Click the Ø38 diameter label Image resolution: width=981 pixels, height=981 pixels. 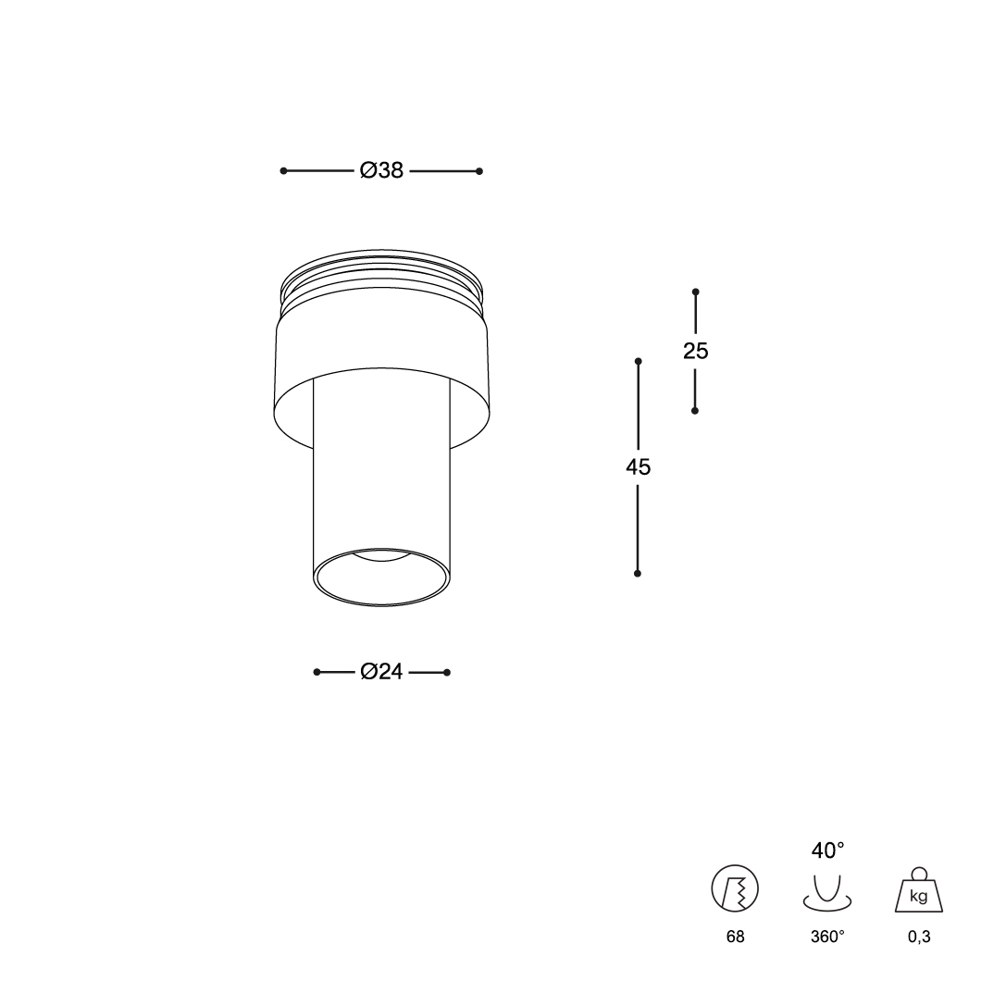coord(381,170)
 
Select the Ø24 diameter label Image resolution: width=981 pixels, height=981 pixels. coord(381,671)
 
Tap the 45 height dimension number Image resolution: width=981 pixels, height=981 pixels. coord(639,466)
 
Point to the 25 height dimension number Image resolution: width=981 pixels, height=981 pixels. coord(695,351)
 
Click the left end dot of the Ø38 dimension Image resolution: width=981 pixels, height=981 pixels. coord(283,171)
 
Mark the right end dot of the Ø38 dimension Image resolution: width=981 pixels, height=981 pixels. coord(479,171)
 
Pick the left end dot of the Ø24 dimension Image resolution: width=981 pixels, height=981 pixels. coord(317,672)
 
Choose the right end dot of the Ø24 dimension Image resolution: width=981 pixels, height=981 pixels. coord(447,673)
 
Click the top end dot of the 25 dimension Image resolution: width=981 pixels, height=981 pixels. coord(695,292)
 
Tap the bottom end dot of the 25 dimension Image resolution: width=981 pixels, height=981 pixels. coord(694,410)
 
